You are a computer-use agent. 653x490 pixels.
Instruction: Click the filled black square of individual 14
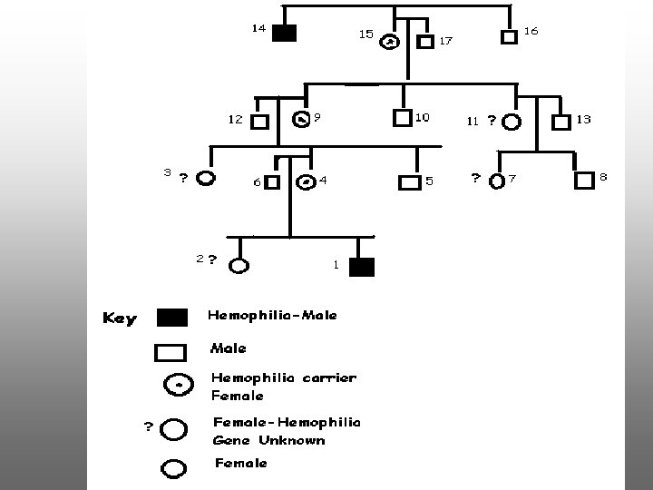(x=285, y=34)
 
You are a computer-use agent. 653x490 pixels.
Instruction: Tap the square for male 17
(x=424, y=41)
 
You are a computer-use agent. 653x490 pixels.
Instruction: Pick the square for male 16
(x=510, y=36)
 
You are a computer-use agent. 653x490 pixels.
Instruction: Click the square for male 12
(x=259, y=121)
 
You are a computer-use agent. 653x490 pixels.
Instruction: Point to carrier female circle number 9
(x=302, y=119)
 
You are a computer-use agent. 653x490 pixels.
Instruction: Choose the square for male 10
(x=403, y=117)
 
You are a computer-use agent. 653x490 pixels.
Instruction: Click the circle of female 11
(x=511, y=121)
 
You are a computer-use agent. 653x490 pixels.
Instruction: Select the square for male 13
(x=561, y=120)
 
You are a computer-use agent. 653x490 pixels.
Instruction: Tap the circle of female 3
(x=206, y=178)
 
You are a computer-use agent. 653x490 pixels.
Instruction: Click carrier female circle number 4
(x=307, y=181)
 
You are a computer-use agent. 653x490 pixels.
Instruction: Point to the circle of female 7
(x=496, y=181)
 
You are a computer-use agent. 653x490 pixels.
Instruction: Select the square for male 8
(x=583, y=180)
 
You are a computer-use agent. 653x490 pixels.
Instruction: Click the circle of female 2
(x=239, y=266)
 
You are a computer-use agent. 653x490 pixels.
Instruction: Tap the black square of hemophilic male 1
(x=362, y=267)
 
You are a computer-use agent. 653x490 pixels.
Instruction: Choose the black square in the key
(x=172, y=318)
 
